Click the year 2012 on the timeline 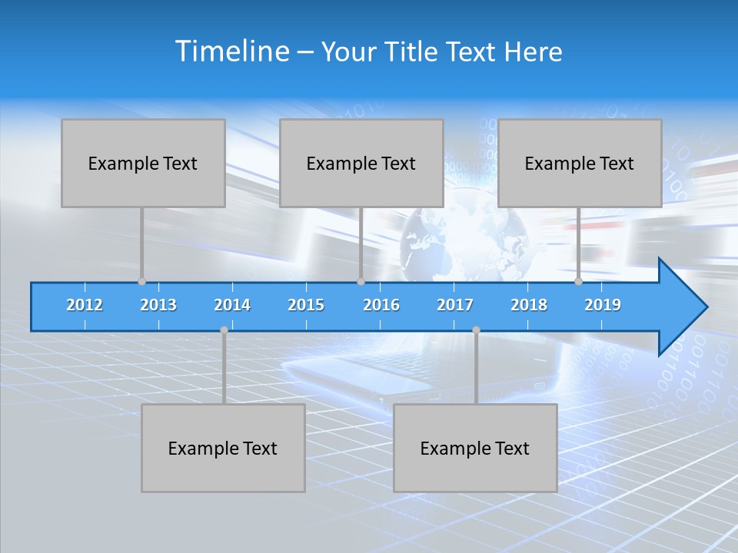pos(85,305)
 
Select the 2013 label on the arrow pos(158,305)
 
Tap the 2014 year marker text pos(232,305)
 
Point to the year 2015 pos(306,305)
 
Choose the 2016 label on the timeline pos(381,305)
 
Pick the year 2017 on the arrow pos(455,305)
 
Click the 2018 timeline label pos(529,305)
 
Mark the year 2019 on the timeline pos(603,305)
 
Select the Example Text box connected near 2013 pos(143,163)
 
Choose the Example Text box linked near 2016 pos(361,163)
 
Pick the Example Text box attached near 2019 pos(580,163)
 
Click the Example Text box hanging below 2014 pos(223,448)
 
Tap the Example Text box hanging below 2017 pos(475,448)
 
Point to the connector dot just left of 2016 pos(361,282)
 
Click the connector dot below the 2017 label pos(476,330)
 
